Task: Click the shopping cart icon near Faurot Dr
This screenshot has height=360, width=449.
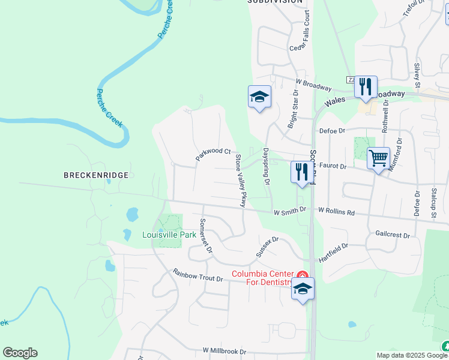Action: tap(378, 159)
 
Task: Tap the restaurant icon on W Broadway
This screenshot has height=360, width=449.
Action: tap(365, 87)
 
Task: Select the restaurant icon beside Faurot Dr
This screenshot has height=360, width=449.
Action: tap(301, 172)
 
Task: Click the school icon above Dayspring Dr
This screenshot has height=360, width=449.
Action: tap(259, 97)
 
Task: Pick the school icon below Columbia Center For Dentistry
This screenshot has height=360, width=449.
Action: tap(303, 289)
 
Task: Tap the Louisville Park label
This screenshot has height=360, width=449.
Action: tap(169, 235)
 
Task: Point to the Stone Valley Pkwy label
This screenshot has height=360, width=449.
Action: tap(241, 181)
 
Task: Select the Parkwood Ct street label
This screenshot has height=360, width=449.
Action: tap(213, 155)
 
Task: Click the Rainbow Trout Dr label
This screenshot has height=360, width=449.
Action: tap(198, 275)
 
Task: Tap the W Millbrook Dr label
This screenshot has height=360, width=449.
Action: tap(224, 350)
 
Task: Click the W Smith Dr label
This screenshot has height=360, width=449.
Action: tap(290, 211)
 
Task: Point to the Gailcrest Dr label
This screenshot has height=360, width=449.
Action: tap(392, 235)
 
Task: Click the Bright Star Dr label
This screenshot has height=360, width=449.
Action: tap(293, 109)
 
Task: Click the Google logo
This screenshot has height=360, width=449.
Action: tap(20, 353)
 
